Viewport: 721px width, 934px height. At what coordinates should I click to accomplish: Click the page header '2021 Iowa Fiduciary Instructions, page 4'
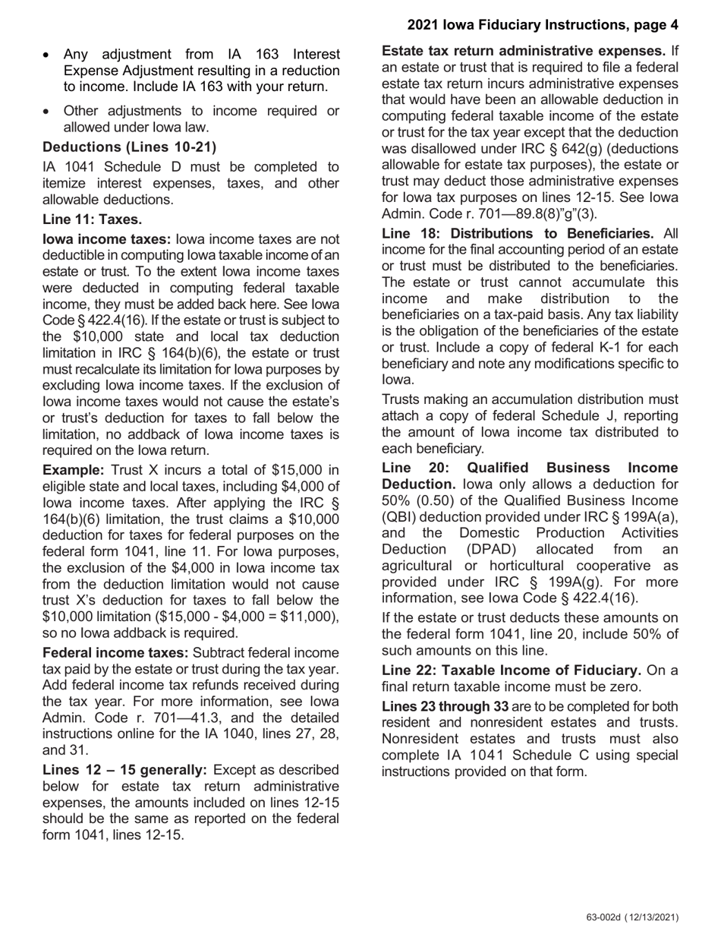(x=543, y=25)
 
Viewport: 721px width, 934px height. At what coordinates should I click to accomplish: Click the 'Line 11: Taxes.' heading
(x=92, y=219)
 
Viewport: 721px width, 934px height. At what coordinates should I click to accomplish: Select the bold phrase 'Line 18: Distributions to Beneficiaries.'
(x=518, y=233)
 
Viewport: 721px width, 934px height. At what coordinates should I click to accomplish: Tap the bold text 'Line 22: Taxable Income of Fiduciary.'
(x=512, y=671)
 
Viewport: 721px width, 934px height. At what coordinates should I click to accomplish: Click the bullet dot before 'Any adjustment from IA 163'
(x=49, y=55)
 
